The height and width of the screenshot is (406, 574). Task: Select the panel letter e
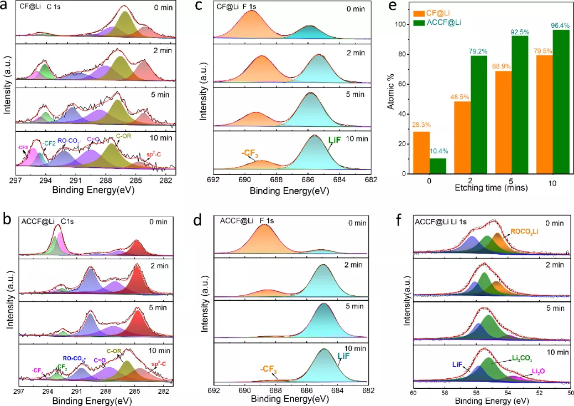(393, 6)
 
